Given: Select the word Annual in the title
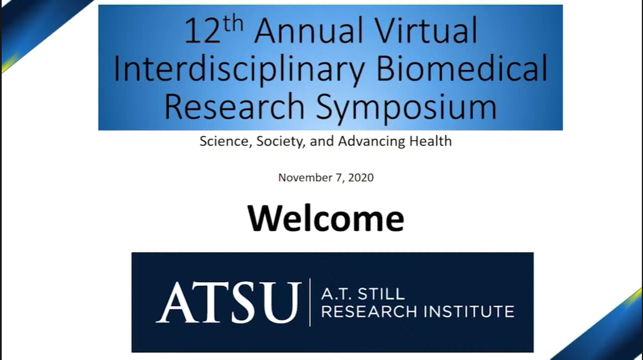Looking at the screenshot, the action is (x=309, y=30).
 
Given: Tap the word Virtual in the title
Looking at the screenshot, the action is (x=426, y=30).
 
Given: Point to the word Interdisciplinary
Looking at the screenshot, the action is (x=239, y=70).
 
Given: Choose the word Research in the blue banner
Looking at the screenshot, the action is (x=234, y=106).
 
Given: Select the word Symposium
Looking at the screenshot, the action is (x=406, y=107).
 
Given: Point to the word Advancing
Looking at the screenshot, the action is (x=372, y=141).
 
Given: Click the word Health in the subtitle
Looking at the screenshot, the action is (x=431, y=141).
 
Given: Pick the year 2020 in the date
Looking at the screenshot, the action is (x=361, y=178).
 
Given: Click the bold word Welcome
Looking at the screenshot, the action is (x=326, y=218).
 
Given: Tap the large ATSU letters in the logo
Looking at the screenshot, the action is (x=228, y=302).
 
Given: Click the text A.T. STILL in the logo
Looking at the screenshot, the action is (x=363, y=294).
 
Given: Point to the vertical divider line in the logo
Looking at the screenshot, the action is (x=310, y=302).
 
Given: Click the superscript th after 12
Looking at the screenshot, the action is (x=233, y=24).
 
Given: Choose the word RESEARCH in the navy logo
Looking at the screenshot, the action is (x=369, y=312).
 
